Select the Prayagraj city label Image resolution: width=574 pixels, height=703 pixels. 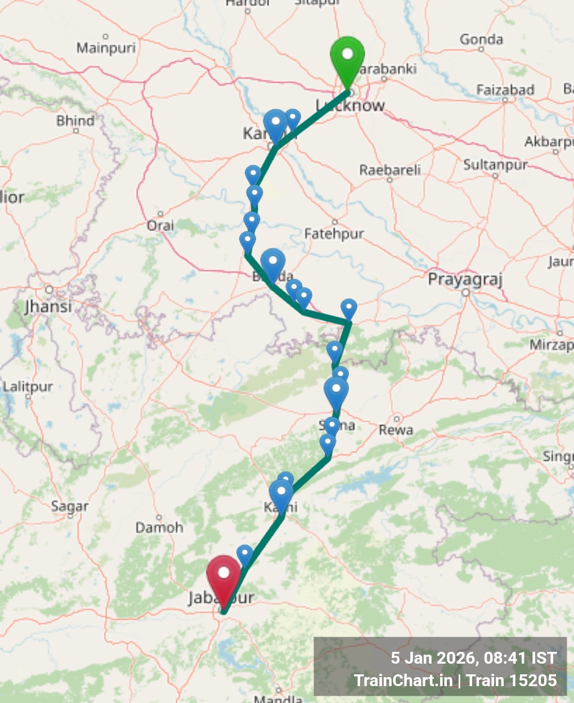465,280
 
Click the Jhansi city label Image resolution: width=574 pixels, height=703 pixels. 48,307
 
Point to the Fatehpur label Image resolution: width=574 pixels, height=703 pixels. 334,233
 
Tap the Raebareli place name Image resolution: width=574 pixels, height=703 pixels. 390,170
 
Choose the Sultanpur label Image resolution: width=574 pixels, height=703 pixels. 495,165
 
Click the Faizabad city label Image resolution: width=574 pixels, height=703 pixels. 505,90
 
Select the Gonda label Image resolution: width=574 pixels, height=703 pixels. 481,39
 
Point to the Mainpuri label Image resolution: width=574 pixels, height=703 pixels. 106,48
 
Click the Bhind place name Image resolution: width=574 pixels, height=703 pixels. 75,121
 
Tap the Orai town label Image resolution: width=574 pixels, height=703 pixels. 160,226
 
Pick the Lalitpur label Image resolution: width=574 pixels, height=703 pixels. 28,387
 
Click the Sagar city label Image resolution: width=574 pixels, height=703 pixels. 70,506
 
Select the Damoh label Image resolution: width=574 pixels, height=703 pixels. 159,528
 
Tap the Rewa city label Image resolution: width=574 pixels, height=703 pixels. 396,430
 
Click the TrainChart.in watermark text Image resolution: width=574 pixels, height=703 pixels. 403,681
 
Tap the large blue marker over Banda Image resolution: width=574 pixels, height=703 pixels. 273,263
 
